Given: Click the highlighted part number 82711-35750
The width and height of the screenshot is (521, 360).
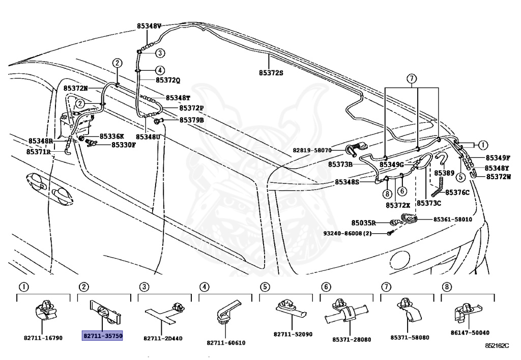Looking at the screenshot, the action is [102, 336].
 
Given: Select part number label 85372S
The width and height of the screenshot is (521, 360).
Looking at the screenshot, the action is [271, 72].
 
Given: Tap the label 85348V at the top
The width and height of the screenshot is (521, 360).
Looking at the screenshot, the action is [149, 26].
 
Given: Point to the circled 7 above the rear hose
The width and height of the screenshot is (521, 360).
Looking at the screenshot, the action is [411, 79].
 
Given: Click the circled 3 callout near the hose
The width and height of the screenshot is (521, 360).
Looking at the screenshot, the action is [160, 53].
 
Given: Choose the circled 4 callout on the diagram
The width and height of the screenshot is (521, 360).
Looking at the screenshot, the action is [160, 70].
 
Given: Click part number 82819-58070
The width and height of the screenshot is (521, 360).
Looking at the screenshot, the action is [312, 150].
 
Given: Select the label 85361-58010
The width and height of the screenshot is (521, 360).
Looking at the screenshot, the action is [452, 219].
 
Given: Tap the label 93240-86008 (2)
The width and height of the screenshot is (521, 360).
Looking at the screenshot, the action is [348, 234].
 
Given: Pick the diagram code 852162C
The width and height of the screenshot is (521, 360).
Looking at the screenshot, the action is [497, 346].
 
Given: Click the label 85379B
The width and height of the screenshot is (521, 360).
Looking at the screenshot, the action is [192, 120].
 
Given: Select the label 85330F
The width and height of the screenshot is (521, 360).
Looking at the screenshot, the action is [123, 145].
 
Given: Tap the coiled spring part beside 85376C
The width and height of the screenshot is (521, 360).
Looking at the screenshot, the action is [438, 187].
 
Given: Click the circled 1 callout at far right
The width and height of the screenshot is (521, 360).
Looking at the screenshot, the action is [483, 145].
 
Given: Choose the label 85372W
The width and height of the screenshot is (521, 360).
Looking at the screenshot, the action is [499, 177].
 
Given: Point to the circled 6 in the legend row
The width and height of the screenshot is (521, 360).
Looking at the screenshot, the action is [326, 287].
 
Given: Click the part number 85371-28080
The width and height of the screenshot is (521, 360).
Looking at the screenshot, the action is [352, 340].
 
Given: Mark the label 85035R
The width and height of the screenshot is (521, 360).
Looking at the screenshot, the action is [363, 223].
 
